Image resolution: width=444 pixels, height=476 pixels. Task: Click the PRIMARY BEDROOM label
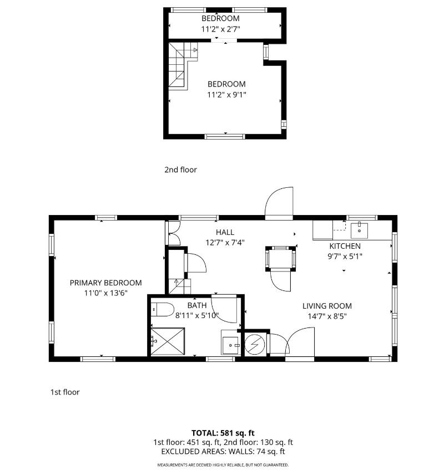105,283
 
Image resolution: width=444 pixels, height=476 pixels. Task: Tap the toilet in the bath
163,310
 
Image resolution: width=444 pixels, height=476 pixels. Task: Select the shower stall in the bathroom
168,341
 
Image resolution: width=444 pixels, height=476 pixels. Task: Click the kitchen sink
359,231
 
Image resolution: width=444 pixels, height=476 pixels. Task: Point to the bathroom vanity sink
230,345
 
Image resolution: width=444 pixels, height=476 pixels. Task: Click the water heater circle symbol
255,345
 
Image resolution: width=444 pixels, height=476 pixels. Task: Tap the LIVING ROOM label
327,306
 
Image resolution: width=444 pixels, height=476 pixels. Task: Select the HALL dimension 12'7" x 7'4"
225,243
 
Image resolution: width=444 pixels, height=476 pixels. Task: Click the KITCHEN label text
345,246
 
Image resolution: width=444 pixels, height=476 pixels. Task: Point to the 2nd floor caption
180,170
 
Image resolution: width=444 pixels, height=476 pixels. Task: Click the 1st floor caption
65,392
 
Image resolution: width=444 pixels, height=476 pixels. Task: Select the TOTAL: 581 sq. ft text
223,433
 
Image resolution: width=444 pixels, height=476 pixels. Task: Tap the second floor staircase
180,65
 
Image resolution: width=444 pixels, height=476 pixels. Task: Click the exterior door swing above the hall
279,203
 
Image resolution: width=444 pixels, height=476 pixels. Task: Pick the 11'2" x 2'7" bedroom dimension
220,29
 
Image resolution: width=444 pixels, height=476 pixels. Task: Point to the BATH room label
197,305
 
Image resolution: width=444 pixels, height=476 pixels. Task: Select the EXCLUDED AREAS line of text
223,452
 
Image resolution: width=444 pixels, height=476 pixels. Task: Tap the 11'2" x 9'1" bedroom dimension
226,95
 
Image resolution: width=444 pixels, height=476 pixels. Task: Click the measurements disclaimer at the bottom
223,465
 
